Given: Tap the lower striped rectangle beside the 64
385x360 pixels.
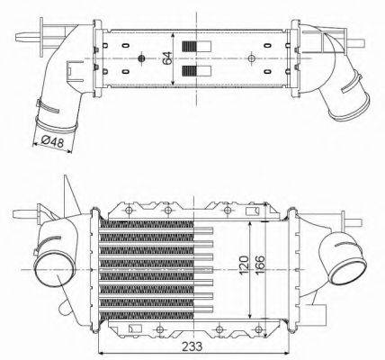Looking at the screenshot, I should (x=190, y=69).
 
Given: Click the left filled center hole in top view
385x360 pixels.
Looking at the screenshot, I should (x=142, y=59).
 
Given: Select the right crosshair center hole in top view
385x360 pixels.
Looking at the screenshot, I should (x=249, y=59).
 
